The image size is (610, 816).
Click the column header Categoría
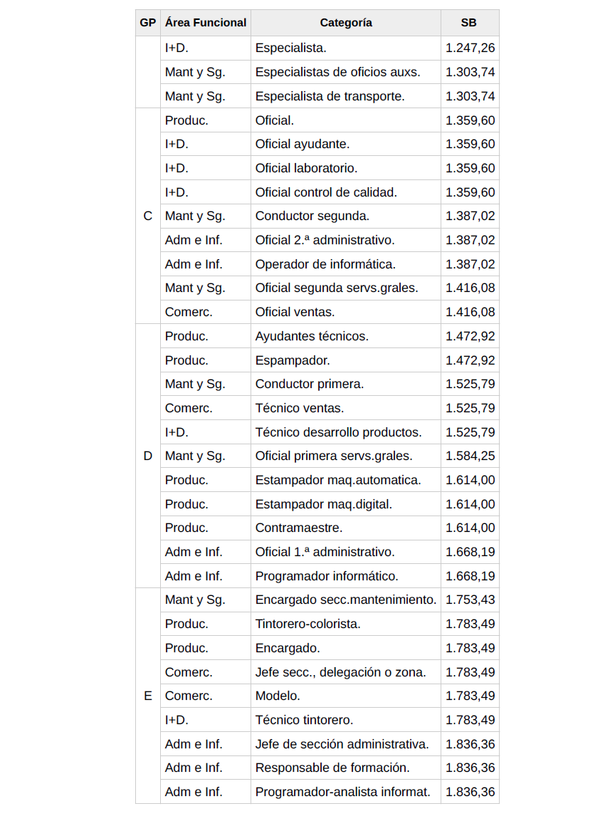click(345, 23)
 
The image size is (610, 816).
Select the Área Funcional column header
click(205, 23)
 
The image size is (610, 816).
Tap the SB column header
click(469, 23)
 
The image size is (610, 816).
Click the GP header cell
click(147, 23)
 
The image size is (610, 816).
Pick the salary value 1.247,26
click(470, 48)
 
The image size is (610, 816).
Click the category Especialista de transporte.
click(330, 96)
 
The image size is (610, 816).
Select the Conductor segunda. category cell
click(312, 216)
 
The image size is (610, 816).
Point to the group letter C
click(147, 216)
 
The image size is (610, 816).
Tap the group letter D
click(147, 456)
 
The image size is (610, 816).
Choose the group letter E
click(147, 696)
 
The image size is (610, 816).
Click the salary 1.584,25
click(470, 456)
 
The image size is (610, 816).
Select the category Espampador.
click(293, 360)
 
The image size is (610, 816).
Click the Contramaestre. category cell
click(299, 528)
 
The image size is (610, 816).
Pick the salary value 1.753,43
click(470, 600)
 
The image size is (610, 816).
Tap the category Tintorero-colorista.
click(307, 624)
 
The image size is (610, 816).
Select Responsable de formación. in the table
click(332, 768)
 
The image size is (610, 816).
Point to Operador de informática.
click(325, 264)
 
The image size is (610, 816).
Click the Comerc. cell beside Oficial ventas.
click(189, 312)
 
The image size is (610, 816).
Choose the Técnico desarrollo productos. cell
click(338, 432)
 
